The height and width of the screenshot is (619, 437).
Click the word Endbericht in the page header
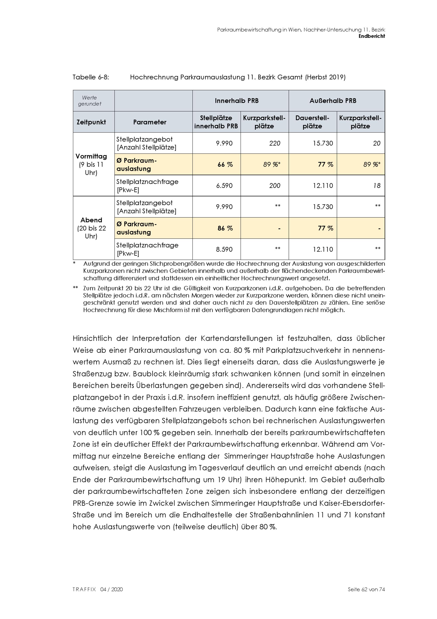click(372, 36)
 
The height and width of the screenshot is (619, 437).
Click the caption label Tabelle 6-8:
click(91, 77)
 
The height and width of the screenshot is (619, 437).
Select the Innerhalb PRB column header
click(237, 101)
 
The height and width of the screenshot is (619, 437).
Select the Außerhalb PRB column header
click(333, 101)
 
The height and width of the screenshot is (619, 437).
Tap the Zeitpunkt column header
click(91, 122)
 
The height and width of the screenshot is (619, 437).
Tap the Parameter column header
click(150, 122)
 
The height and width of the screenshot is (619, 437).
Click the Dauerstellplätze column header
click(312, 122)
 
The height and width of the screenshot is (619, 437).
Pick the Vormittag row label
click(91, 156)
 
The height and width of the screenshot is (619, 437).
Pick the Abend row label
click(91, 220)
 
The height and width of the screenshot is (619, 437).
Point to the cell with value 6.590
click(224, 186)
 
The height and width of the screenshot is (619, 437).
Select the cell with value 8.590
click(224, 249)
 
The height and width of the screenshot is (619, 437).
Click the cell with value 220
click(275, 143)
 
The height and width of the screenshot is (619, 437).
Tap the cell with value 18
click(377, 186)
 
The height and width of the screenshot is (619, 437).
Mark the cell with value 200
click(275, 186)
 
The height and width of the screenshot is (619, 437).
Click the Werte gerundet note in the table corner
click(90, 101)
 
